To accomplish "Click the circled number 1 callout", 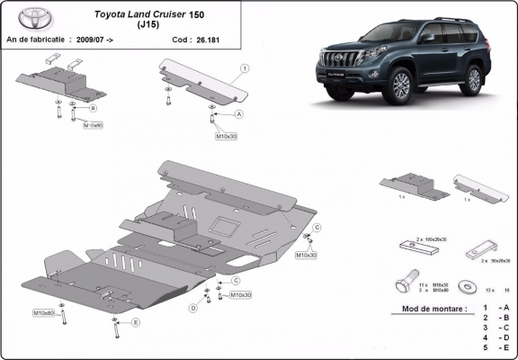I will pos(244,68).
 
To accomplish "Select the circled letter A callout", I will pos(239,115).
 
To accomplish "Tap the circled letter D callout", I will pos(192,309).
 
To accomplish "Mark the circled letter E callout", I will pos(136,321).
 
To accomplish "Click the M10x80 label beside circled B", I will pos(94,126).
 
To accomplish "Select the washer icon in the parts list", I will pos(467,286).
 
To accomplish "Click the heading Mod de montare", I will pos(429,309).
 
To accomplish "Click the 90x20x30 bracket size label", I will pos(496,259).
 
